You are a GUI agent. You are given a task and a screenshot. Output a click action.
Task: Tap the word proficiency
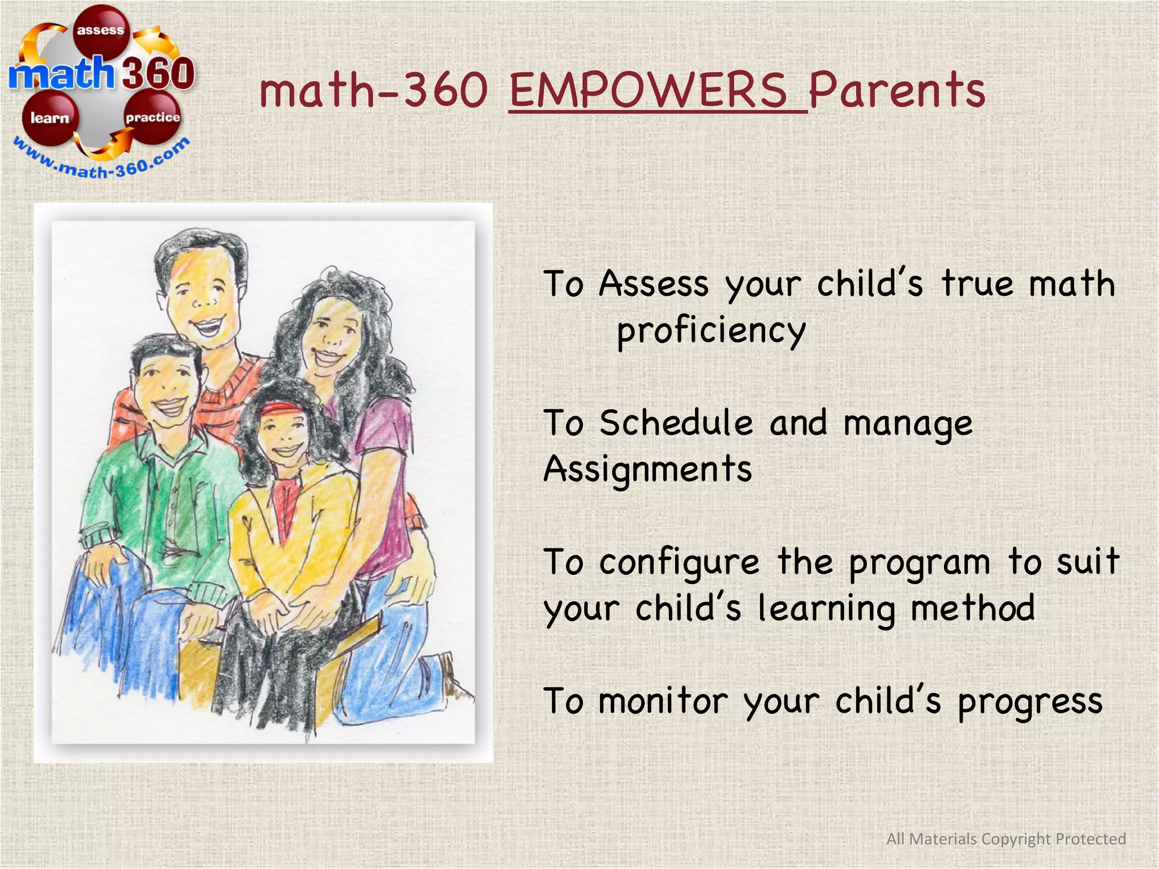pyautogui.click(x=711, y=331)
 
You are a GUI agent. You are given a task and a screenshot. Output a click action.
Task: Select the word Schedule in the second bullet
pyautogui.click(x=676, y=423)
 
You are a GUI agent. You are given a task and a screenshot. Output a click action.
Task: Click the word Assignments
pyautogui.click(x=647, y=470)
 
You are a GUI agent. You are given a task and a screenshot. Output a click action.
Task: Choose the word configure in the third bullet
pyautogui.click(x=679, y=563)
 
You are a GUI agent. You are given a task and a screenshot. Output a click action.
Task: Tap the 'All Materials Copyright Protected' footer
pyautogui.click(x=1006, y=838)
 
